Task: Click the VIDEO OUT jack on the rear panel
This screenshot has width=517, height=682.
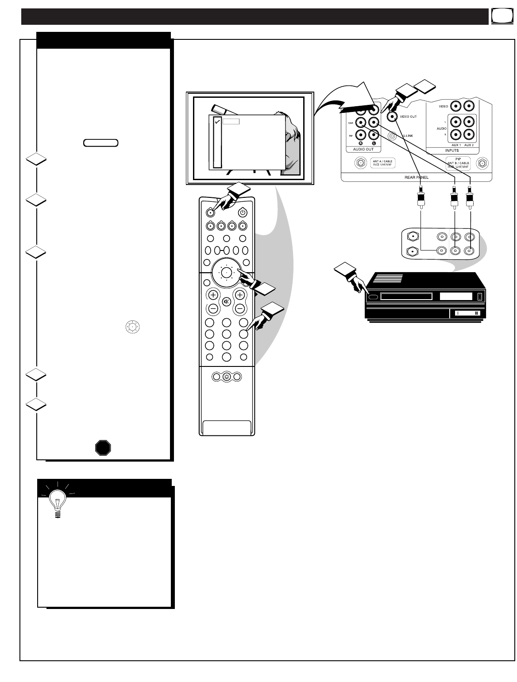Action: pos(392,116)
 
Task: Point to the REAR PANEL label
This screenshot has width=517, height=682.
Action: pos(417,177)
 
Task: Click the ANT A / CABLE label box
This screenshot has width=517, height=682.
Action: pos(382,164)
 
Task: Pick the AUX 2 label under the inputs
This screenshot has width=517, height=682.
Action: pos(469,144)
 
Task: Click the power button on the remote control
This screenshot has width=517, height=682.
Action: pos(242,212)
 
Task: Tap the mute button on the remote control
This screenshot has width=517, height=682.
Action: pos(227,301)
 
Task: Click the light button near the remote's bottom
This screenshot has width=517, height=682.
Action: pos(227,377)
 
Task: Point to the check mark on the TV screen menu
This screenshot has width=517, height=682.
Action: pos(217,122)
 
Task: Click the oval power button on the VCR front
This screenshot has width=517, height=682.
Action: pos(373,297)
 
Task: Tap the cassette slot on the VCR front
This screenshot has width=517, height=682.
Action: pos(406,297)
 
